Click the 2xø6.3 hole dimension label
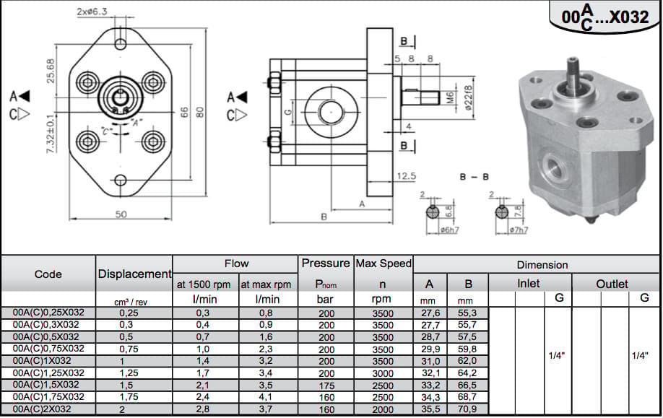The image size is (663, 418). click(92, 12)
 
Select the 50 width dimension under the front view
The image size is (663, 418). click(121, 214)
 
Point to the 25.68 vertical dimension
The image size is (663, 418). click(51, 71)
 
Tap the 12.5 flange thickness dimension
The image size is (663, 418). click(407, 176)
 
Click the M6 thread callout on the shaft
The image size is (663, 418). click(450, 98)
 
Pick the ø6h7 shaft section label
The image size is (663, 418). click(449, 230)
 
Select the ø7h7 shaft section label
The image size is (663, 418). click(519, 230)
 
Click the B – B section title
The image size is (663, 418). click(474, 177)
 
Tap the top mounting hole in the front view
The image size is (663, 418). click(121, 43)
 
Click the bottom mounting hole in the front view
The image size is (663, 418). click(121, 180)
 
